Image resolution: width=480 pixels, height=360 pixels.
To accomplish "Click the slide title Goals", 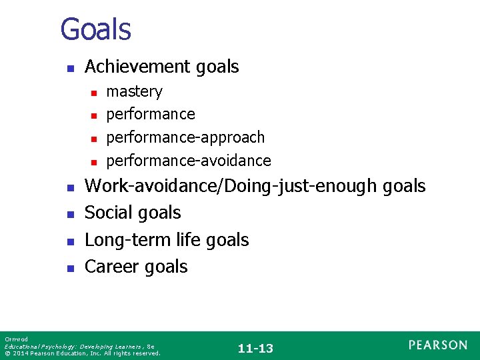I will (95, 29).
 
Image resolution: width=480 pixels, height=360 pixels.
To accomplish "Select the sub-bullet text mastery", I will (134, 91).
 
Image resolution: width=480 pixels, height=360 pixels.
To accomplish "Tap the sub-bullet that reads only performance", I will (151, 114).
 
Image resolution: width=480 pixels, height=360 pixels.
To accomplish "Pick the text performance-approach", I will (185, 137).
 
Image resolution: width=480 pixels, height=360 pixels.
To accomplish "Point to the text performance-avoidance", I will (189, 161).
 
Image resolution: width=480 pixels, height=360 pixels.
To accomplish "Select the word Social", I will (109, 213).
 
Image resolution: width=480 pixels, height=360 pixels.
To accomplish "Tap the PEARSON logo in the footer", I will (438, 345).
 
